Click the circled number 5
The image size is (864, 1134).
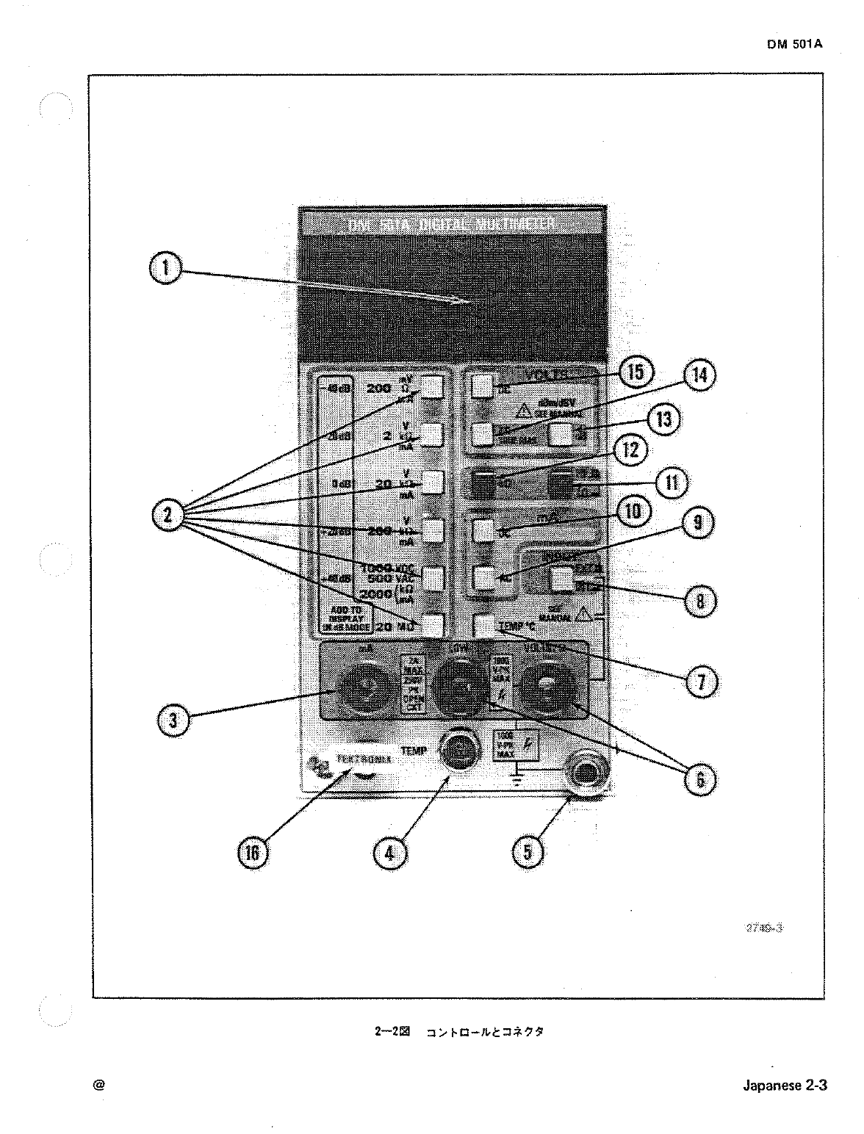[527, 852]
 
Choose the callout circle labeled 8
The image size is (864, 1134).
[699, 602]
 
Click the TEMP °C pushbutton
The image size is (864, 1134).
[485, 625]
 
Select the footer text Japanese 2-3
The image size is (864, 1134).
[784, 1086]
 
